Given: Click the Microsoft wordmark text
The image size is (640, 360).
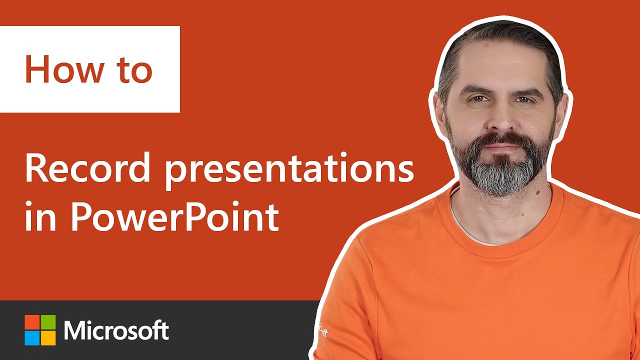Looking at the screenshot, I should coord(116,330).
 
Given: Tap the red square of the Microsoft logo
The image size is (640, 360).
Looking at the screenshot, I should coord(32,322).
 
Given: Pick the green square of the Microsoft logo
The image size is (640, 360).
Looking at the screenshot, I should coord(48,322).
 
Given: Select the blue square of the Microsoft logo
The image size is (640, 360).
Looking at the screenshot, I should coord(32,338).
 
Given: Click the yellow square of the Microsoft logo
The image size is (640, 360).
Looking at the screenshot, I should coord(48,338).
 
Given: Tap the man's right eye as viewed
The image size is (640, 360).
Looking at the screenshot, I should coord(523,100).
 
